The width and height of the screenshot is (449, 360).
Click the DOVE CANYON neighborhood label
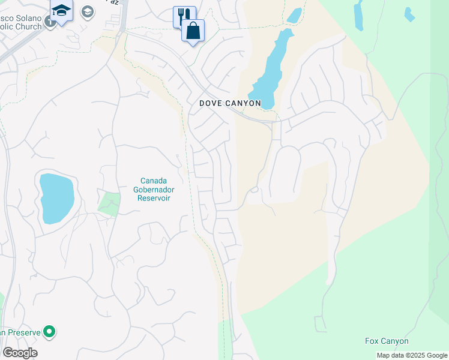231,103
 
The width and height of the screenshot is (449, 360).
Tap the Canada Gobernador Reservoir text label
153,189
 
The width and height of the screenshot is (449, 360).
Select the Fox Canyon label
387,341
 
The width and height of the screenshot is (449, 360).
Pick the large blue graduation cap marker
61,10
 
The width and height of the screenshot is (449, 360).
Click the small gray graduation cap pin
88,11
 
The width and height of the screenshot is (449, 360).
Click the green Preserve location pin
50,331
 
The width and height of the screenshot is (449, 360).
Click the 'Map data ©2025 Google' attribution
412,355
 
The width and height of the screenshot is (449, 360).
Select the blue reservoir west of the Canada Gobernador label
56,198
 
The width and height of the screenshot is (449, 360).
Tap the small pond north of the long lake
294,16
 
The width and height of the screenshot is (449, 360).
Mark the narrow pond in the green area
358,14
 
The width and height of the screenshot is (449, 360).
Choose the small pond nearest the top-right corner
409,13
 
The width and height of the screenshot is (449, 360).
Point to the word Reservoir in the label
153,198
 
